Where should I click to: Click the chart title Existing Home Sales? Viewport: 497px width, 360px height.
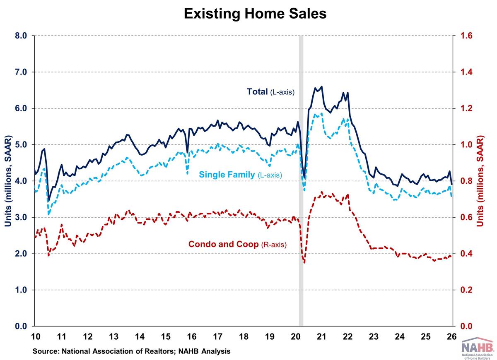coord(255,13)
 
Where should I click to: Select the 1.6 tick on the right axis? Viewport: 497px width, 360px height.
coord(467,36)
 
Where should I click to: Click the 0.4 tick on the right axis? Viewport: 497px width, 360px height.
coord(467,254)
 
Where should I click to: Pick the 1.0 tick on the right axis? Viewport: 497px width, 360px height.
coord(467,145)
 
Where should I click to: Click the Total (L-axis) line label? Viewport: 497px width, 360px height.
coord(270,92)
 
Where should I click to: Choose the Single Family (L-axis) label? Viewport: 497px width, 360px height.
coord(240,175)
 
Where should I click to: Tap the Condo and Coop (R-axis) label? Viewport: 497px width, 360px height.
coord(237,244)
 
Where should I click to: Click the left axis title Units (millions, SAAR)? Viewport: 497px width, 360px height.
coord(8,181)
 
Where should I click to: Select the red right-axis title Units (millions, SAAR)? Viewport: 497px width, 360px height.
coord(480,181)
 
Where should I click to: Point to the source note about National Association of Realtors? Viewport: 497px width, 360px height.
coord(132,351)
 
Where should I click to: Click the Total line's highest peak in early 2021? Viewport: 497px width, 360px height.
coord(322,86)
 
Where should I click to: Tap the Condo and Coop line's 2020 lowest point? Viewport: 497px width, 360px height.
coord(304,263)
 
